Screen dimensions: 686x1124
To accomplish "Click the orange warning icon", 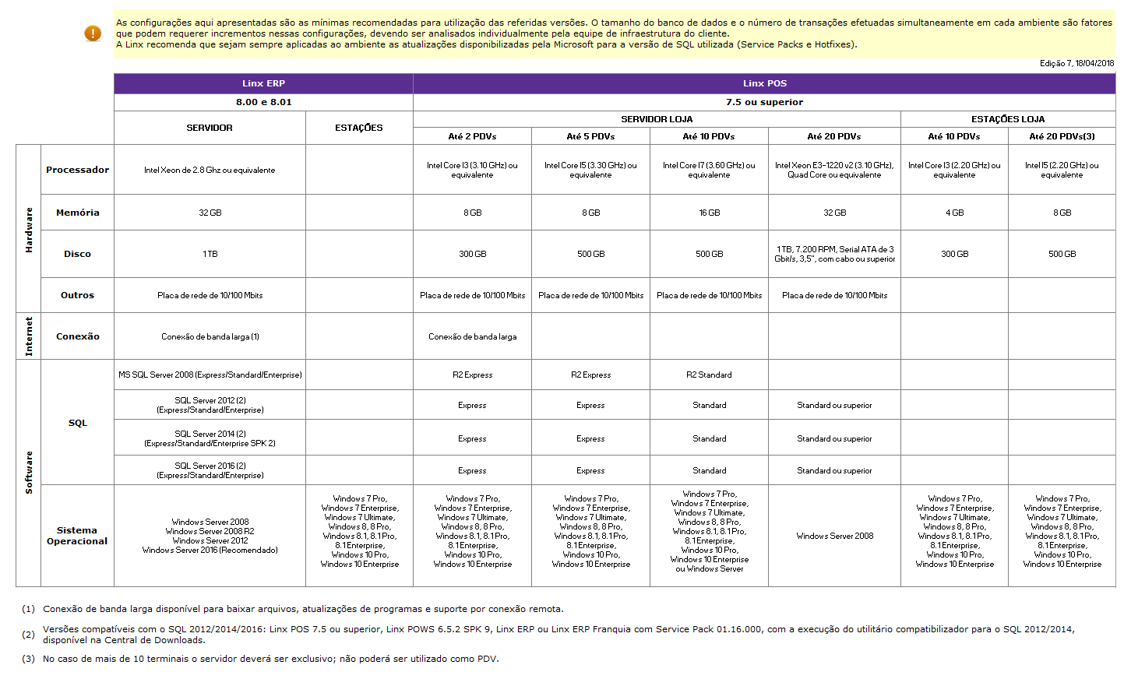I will point(93,33).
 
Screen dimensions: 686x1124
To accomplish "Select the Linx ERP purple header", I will point(263,83).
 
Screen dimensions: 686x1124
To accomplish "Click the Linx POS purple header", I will point(764,83).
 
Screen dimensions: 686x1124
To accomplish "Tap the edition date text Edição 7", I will point(1076,64).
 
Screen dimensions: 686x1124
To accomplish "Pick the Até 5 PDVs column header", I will point(590,136).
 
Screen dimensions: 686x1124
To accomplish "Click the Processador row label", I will point(77,170).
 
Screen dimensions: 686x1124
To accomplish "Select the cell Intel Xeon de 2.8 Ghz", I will point(210,170).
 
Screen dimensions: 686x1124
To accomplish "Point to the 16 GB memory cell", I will point(709,213).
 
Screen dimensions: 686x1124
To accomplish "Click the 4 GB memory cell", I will point(954,213).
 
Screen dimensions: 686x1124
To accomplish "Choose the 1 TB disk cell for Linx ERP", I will point(210,254).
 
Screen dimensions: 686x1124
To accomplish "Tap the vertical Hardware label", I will point(29,230).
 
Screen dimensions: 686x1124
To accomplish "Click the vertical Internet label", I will point(29,336).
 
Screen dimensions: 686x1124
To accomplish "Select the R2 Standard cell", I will point(709,375).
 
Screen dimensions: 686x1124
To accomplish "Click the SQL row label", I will point(77,423).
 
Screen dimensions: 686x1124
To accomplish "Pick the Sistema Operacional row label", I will point(77,536).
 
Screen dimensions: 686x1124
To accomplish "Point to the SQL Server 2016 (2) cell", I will point(210,470).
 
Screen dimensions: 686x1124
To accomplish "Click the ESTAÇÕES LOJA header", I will point(1008,119).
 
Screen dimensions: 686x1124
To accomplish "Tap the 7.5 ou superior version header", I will point(764,102).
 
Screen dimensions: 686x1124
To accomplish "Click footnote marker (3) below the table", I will point(28,659).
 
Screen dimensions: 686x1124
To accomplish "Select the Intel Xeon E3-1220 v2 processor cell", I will point(834,170).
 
